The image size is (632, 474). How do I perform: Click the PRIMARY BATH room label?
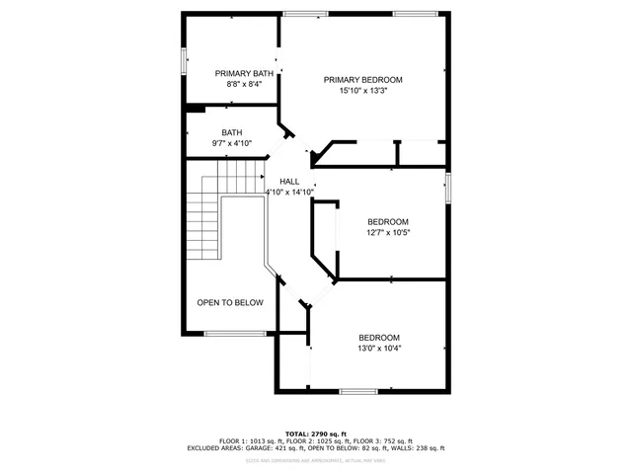[x=244, y=73]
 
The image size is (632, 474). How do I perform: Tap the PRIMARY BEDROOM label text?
[x=363, y=80]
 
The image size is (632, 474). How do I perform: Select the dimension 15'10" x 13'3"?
[x=363, y=91]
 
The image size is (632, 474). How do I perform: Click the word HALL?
[x=289, y=181]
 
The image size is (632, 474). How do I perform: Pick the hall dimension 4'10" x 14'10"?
[x=289, y=192]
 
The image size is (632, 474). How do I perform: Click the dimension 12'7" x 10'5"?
[x=388, y=233]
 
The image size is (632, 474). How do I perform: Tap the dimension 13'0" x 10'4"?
[x=379, y=348]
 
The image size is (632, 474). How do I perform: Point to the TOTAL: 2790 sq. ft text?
[x=315, y=434]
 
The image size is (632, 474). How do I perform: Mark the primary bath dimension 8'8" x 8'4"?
[x=244, y=84]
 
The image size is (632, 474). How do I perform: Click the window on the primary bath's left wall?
[x=184, y=60]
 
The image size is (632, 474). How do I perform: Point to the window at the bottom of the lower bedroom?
[x=357, y=391]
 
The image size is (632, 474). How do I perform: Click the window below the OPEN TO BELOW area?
[x=234, y=333]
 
